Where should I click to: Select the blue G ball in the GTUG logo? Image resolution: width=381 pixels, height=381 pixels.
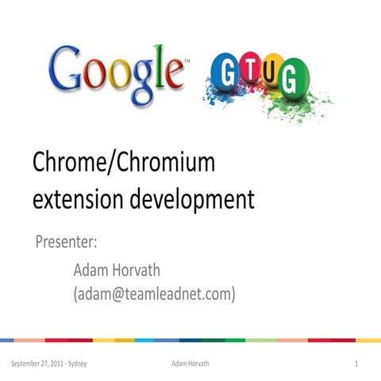pos(225,72)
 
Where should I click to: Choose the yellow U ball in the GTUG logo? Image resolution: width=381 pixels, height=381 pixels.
pos(272,70)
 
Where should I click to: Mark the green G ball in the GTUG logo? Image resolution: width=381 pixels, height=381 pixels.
pos(295,78)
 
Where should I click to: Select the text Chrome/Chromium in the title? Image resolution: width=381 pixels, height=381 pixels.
pos(124,163)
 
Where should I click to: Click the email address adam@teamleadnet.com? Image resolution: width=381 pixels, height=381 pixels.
pos(155,294)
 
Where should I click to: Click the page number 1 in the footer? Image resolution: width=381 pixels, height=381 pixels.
pos(358,364)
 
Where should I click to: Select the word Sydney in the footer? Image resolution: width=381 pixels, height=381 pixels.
pos(75,364)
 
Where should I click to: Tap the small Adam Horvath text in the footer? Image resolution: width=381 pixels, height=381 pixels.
pos(190,364)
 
